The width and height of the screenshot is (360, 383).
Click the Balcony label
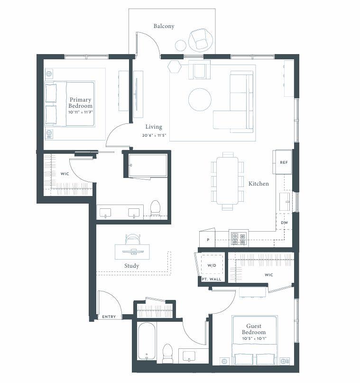tap(164, 26)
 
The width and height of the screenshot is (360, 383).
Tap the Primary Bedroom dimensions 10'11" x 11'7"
tap(81, 112)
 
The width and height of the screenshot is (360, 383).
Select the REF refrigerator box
tap(283, 162)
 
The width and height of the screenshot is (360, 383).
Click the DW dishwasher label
tap(284, 223)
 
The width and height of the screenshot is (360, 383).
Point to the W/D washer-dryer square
tap(212, 265)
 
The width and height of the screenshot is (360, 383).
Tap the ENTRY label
tap(109, 317)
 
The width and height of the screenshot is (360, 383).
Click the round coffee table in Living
tap(200, 100)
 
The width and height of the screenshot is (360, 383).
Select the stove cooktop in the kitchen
tap(239, 238)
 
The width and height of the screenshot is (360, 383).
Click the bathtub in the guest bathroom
tap(147, 341)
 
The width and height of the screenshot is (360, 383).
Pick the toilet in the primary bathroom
tap(155, 208)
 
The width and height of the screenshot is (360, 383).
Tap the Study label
tap(131, 266)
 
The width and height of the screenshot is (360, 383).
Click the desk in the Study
tap(132, 252)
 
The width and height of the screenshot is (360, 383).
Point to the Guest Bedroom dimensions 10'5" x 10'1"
tap(254, 338)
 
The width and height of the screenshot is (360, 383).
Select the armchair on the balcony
tap(200, 40)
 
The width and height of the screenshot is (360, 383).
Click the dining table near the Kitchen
tap(227, 181)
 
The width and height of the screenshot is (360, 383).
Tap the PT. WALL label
tap(212, 279)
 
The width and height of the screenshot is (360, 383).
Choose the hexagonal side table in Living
tap(175, 66)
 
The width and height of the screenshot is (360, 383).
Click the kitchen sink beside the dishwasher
tap(285, 202)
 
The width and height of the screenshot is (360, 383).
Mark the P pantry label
tap(208, 240)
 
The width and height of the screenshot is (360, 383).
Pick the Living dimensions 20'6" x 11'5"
tap(154, 135)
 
